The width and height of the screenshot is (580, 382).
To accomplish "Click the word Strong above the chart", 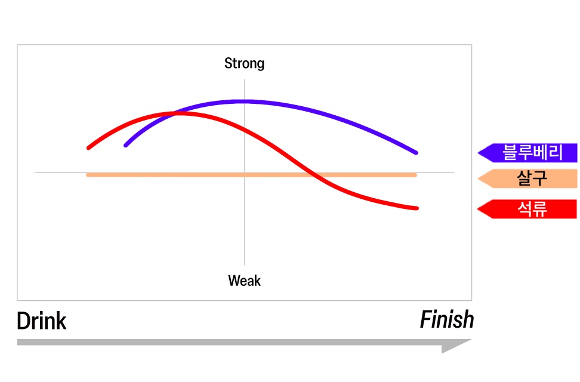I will [244, 63].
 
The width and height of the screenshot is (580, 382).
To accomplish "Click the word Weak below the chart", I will [244, 280].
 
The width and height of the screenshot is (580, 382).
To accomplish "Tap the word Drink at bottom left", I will [41, 321].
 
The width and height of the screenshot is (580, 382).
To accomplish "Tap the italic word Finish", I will [446, 320].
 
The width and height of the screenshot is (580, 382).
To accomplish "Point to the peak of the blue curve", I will [244, 101].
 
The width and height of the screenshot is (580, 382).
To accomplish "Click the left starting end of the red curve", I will [88, 147].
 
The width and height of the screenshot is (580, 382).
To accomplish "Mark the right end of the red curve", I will [417, 208].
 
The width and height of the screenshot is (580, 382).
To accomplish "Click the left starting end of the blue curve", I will [126, 145].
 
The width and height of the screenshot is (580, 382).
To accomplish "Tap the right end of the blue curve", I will [416, 153].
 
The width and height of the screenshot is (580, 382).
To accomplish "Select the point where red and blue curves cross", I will [174, 113].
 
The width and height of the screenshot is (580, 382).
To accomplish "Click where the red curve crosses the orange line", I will [314, 175].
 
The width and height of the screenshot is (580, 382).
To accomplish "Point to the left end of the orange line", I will [88, 175].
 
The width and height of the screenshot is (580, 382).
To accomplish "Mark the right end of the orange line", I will [415, 175].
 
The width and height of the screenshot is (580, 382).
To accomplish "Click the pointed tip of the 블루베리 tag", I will [479, 153].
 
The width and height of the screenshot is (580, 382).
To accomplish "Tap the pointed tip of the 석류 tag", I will [479, 209].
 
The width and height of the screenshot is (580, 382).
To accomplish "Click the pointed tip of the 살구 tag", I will [479, 178].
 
